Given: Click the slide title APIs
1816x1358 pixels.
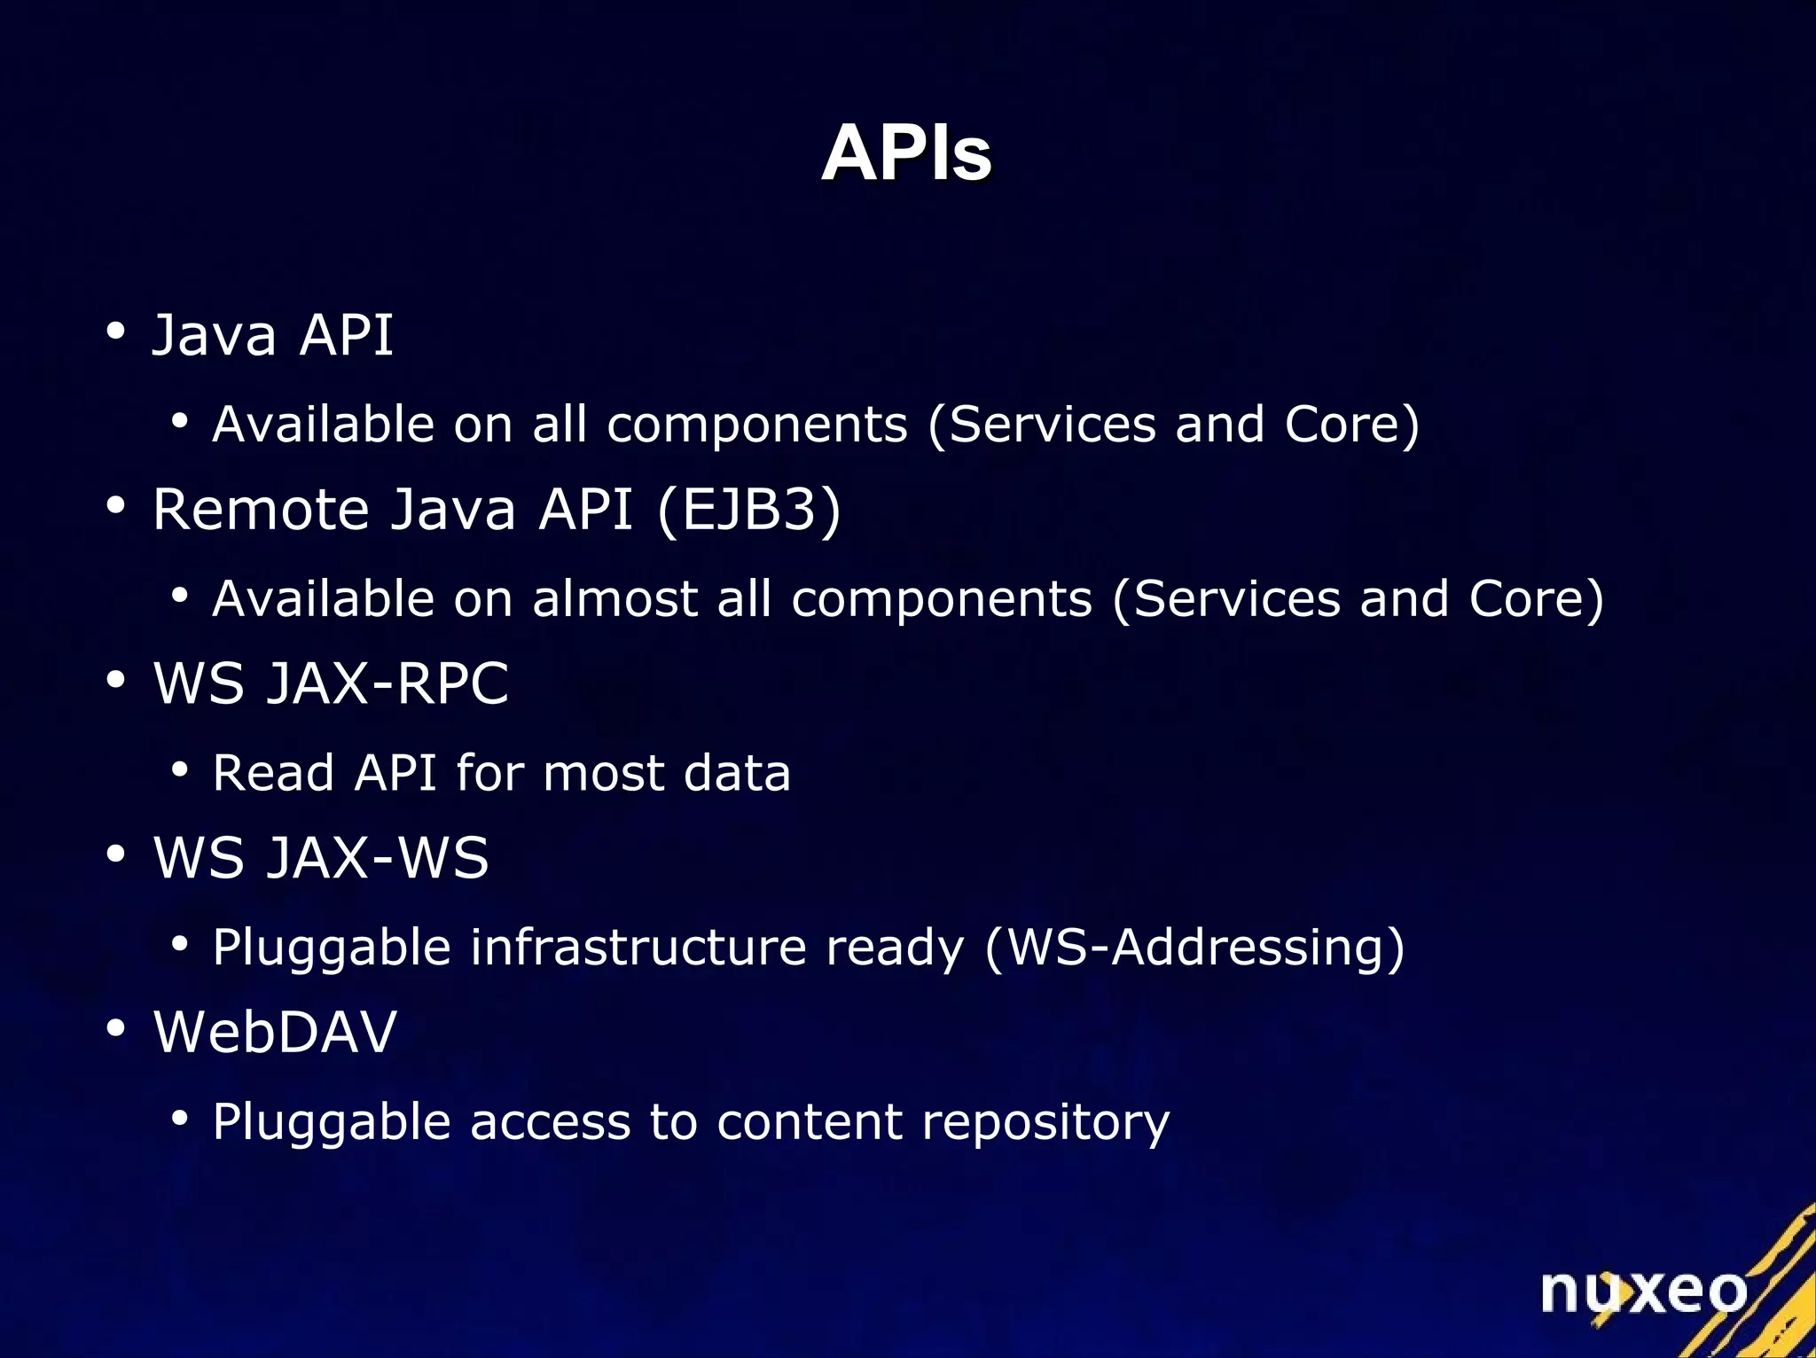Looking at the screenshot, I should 905,153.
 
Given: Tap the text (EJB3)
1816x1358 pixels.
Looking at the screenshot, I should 749,510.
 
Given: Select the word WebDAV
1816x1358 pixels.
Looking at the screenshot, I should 275,1032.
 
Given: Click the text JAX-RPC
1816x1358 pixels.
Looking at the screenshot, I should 387,683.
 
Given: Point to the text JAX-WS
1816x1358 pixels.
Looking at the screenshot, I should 378,858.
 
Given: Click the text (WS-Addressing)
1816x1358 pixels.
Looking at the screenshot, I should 1194,948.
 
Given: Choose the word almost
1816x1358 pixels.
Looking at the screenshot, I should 614,598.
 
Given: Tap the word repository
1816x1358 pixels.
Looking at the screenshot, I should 1045,1123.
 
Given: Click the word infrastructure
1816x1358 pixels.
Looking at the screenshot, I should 638,948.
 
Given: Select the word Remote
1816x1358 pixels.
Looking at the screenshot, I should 261,510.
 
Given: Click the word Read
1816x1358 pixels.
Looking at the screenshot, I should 273,773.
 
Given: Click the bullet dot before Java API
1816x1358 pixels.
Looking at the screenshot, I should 115,332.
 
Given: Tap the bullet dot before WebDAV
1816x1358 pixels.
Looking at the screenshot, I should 115,1029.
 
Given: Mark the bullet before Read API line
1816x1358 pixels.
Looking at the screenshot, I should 180,770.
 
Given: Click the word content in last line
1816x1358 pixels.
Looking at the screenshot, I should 809,1122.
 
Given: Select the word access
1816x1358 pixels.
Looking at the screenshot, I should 549,1123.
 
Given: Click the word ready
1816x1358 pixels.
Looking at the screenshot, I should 894,948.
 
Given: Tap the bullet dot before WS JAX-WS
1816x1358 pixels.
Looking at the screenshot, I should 115,855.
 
